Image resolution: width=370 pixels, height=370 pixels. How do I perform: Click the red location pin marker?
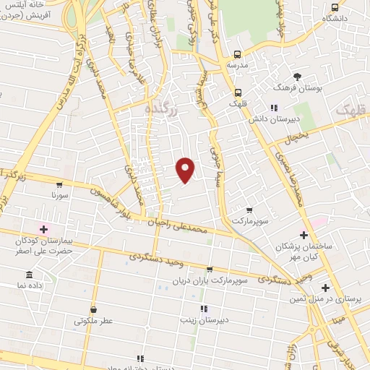186,169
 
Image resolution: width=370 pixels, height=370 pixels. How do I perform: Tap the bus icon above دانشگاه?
334,7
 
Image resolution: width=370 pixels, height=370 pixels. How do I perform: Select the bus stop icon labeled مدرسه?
237,55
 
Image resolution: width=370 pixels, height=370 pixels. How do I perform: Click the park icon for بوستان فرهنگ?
296,76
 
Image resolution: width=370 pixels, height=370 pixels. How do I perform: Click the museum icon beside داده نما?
29,275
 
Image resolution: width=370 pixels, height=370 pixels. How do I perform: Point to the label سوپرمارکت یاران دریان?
210,279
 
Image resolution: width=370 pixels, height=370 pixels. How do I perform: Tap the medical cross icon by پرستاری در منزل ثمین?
325,288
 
